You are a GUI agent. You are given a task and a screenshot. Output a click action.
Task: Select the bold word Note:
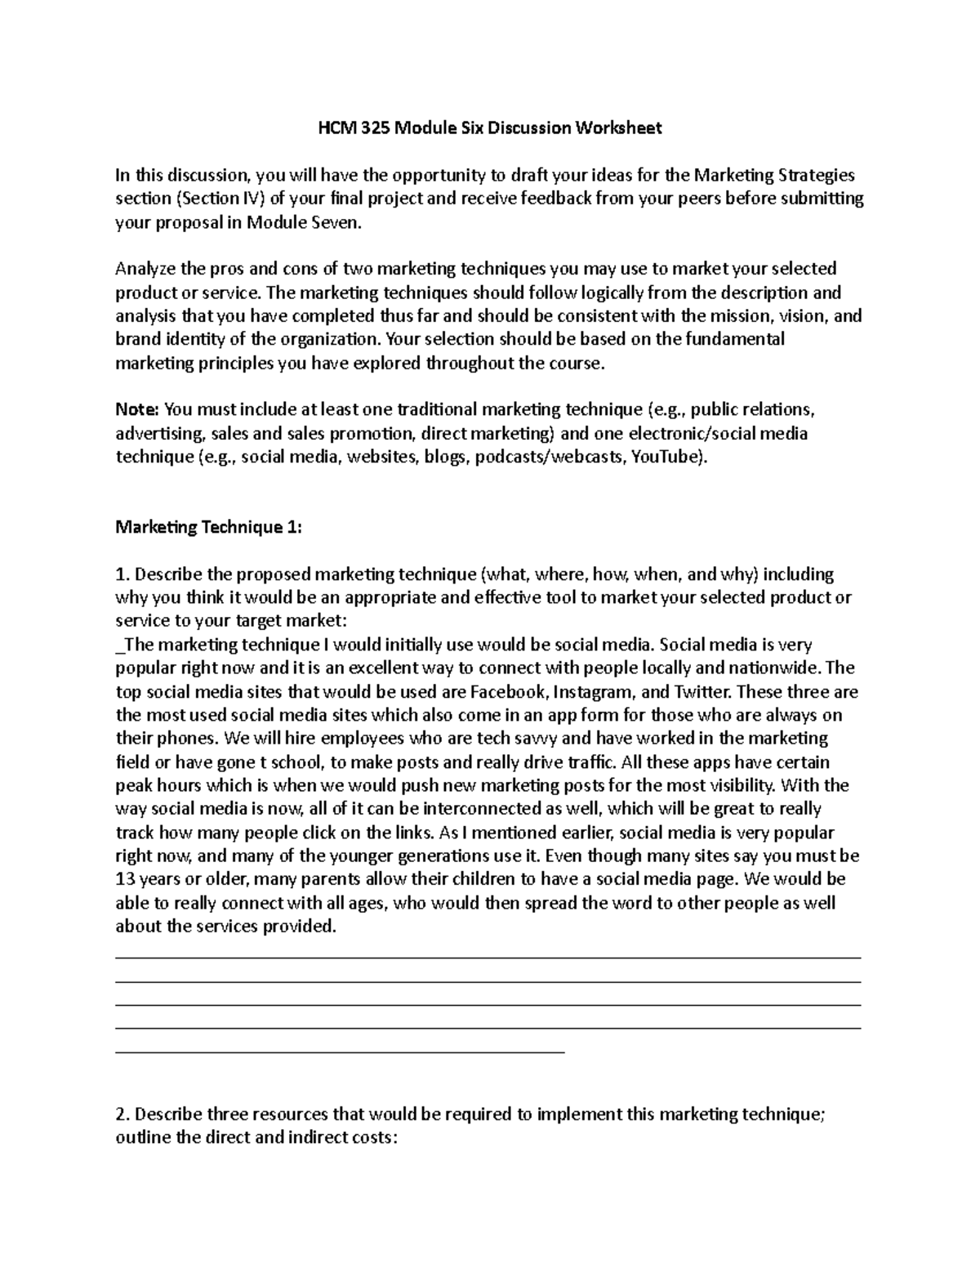click(138, 409)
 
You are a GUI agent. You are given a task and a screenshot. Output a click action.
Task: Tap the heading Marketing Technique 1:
click(209, 527)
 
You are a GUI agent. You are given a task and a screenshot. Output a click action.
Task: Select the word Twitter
click(703, 692)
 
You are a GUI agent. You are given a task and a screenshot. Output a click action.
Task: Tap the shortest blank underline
click(341, 1051)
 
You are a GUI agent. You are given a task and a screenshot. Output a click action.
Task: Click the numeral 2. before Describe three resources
click(122, 1115)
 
